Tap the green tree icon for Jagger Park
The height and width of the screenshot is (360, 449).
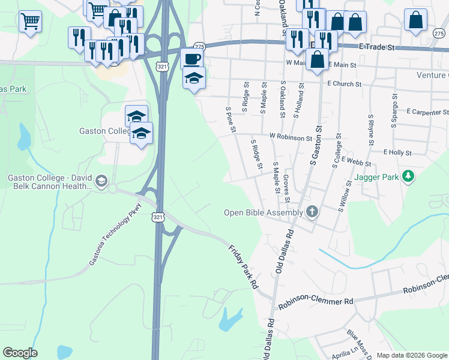[409, 176]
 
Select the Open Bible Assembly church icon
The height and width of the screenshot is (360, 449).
[312, 211]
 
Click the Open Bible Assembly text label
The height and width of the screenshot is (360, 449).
[264, 212]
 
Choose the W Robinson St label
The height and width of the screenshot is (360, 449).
[291, 137]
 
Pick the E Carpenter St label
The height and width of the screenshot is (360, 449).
[427, 112]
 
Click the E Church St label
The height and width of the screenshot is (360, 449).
[346, 84]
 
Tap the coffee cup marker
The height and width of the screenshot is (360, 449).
[192, 59]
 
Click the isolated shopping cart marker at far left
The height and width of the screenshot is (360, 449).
[29, 22]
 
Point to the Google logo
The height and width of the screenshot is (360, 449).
[20, 352]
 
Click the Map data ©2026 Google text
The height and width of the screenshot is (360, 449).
[412, 355]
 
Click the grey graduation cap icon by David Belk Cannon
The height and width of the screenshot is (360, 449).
[101, 180]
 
